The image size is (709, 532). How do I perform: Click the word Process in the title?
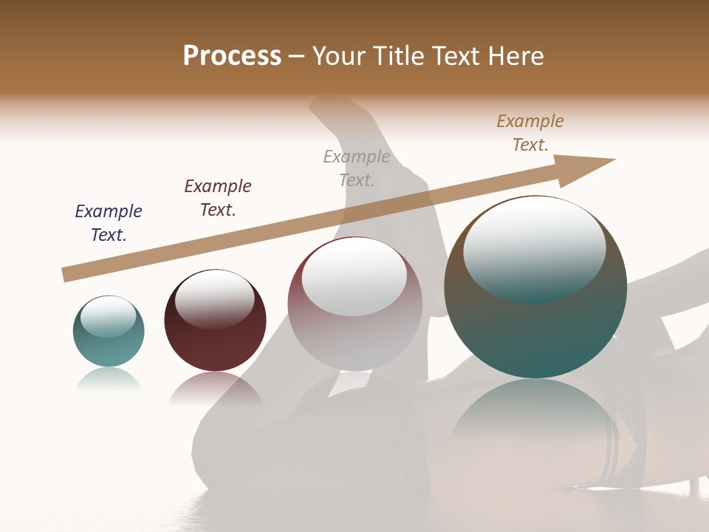[x=232, y=56]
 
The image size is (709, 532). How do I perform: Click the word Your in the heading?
[x=340, y=56]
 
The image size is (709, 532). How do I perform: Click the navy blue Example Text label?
[x=109, y=222]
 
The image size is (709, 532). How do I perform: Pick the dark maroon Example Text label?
[x=218, y=197]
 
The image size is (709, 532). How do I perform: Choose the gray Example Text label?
[x=357, y=168]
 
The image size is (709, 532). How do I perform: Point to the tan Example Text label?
[x=530, y=133]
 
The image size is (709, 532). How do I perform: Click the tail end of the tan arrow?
[x=66, y=274]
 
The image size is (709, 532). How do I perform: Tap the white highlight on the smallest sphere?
[x=109, y=316]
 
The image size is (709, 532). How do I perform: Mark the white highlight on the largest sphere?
[x=534, y=248]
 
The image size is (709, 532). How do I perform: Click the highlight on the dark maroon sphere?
[x=214, y=299]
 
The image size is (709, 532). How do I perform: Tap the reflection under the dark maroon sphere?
[x=215, y=388]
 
